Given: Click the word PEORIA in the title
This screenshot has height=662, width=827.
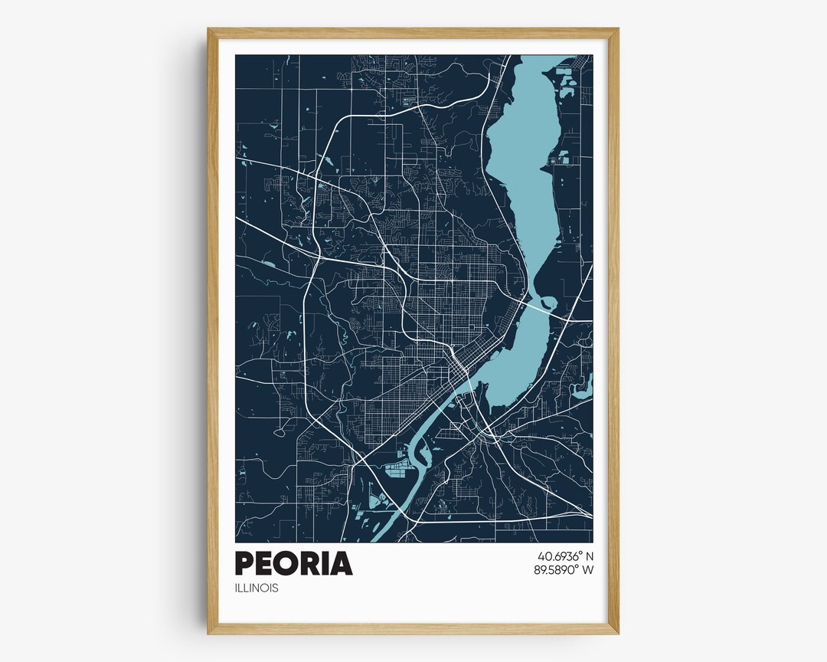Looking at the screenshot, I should click(x=293, y=563).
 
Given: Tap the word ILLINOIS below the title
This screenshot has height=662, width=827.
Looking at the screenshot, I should click(x=257, y=588).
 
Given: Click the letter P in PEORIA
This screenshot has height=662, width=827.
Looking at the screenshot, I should click(x=244, y=563).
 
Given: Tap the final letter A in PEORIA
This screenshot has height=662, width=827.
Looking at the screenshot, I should click(x=341, y=563).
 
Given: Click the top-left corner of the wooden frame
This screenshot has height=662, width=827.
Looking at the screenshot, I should click(x=209, y=30).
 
